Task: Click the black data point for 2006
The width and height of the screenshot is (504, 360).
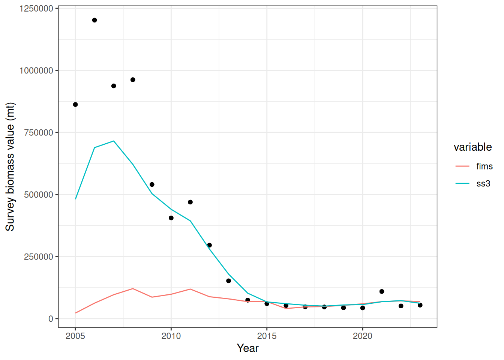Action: pyautogui.click(x=94, y=20)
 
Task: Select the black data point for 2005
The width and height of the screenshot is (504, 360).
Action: pyautogui.click(x=75, y=105)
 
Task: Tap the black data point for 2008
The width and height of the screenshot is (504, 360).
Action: pyautogui.click(x=133, y=80)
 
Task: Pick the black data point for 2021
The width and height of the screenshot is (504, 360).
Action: pyautogui.click(x=382, y=292)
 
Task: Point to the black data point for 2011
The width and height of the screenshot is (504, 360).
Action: pyautogui.click(x=190, y=202)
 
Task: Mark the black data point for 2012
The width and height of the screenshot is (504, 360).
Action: pyautogui.click(x=209, y=245)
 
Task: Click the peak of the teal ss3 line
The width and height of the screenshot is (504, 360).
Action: pyautogui.click(x=114, y=141)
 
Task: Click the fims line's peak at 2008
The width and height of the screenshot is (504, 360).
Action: pyautogui.click(x=133, y=289)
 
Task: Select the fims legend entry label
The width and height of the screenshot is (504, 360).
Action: pyautogui.click(x=484, y=166)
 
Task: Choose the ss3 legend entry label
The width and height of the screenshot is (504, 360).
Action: pyautogui.click(x=483, y=184)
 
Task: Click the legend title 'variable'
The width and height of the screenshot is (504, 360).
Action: pyautogui.click(x=472, y=147)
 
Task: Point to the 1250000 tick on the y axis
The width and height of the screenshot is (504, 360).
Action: pyautogui.click(x=36, y=9)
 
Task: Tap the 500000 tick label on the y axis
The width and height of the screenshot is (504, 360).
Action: pyautogui.click(x=39, y=195)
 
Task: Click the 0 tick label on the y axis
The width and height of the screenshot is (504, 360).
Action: pyautogui.click(x=51, y=319)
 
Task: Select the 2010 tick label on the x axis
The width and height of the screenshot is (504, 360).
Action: pyautogui.click(x=171, y=336)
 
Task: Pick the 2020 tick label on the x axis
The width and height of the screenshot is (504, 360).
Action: pyautogui.click(x=363, y=336)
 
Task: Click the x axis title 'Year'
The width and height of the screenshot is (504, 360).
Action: pyautogui.click(x=247, y=348)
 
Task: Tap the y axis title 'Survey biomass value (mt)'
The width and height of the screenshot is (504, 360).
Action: pyautogui.click(x=10, y=166)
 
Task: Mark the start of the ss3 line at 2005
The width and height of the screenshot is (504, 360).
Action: pyautogui.click(x=75, y=199)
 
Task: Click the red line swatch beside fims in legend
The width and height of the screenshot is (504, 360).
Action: pyautogui.click(x=462, y=166)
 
